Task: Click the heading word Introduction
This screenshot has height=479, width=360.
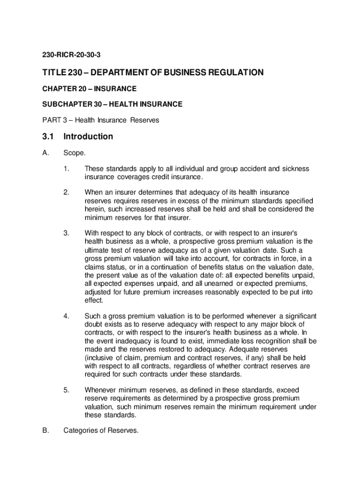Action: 88,137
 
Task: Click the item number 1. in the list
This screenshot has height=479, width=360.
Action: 66,168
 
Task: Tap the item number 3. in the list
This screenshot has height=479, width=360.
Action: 66,233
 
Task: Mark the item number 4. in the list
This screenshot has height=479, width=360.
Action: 66,316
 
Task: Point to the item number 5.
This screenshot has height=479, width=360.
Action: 66,390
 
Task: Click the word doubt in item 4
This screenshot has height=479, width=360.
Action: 94,324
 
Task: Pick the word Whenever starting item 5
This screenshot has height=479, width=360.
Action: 101,390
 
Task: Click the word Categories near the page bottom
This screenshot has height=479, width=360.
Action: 80,431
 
